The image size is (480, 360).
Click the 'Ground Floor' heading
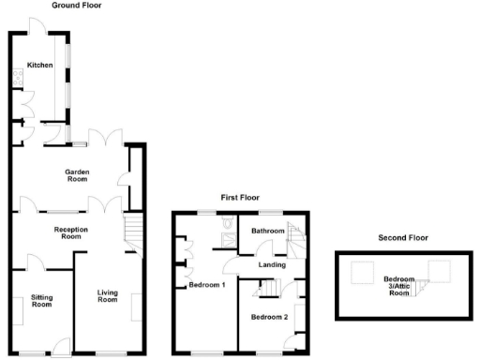77,6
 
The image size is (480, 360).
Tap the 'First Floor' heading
240,198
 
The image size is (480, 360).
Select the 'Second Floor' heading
403,238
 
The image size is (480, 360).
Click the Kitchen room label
39,65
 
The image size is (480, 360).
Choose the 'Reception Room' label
71,233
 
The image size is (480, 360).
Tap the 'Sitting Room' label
41,301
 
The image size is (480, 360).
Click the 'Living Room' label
108,296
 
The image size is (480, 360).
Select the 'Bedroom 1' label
207,284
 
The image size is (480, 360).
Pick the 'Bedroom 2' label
269,317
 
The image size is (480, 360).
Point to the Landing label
272,265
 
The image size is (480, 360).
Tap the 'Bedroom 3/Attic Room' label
400,285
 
